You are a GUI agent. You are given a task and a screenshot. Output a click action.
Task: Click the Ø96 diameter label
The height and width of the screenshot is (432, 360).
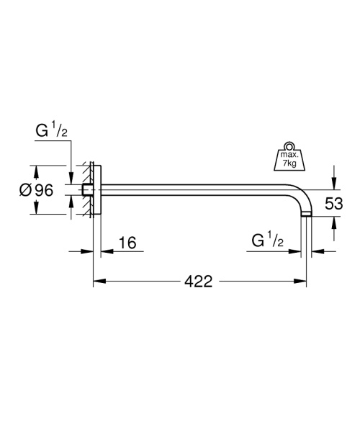point(36,190)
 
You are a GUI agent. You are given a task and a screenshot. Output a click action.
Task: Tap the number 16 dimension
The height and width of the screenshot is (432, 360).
point(127,243)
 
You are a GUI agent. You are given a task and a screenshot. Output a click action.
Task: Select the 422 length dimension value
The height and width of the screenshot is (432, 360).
point(198,282)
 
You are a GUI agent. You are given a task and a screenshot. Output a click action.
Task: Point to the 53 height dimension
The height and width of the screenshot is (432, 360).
point(333,204)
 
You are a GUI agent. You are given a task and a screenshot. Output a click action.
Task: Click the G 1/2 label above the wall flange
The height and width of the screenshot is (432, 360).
point(52,132)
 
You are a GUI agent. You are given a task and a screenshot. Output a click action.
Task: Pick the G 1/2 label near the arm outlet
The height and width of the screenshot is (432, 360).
point(268,240)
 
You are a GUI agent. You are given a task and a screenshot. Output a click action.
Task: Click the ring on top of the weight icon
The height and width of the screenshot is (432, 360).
point(289,143)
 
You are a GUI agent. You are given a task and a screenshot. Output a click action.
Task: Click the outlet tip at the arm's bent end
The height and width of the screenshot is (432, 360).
point(307,213)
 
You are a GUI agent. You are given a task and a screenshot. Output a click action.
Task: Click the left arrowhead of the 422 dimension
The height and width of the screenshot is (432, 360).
point(97,282)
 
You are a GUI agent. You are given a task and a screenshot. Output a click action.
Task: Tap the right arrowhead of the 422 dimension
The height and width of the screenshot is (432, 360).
point(303,282)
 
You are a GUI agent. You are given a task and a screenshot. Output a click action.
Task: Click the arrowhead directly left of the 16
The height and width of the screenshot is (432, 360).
point(104,251)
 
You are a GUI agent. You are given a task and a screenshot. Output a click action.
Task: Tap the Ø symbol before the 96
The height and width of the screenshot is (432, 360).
point(24,190)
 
